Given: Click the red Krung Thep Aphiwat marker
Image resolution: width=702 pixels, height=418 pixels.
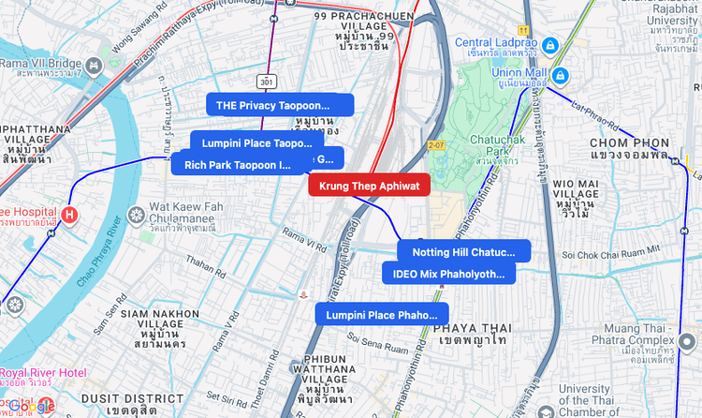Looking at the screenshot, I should click(369, 185).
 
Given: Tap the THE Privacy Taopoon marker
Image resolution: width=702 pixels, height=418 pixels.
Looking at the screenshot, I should click(280, 105).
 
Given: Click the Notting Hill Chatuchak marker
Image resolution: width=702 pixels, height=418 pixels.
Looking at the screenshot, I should click(463, 251).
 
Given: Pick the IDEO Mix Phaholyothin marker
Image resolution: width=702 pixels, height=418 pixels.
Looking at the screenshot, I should click(448, 274).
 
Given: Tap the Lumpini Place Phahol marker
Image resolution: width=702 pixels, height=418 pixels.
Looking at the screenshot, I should click(381, 315).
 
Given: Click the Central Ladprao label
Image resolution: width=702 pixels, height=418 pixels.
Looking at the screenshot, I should click(496, 43).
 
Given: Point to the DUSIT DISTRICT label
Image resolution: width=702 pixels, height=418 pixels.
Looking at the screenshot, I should click(119, 398).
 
